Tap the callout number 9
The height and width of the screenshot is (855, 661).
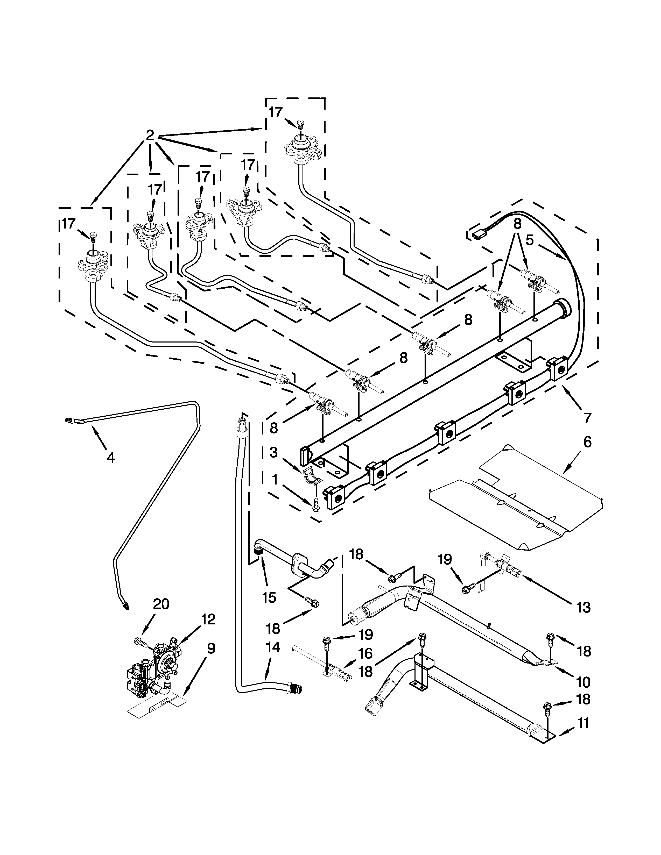click(211, 649)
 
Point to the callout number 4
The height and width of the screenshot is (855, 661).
click(111, 457)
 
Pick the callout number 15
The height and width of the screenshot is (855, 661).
click(269, 597)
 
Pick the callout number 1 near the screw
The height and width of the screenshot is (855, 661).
click(275, 480)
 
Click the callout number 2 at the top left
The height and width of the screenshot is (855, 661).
click(150, 136)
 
